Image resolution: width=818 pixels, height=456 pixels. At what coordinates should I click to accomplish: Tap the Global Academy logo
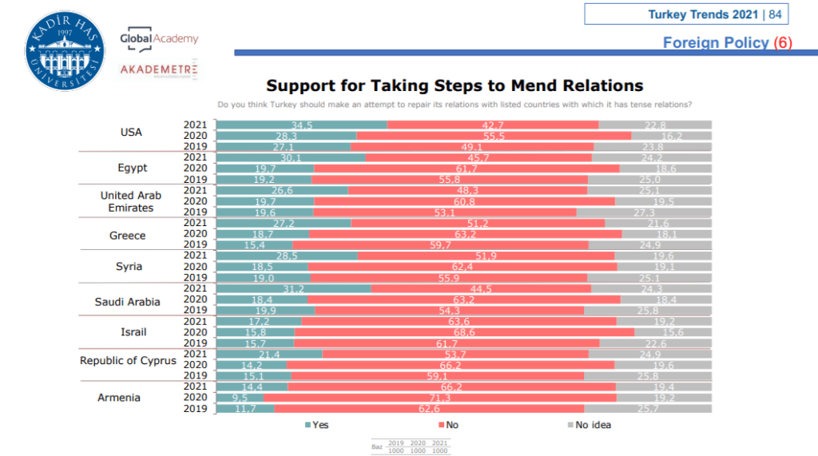pyautogui.click(x=158, y=38)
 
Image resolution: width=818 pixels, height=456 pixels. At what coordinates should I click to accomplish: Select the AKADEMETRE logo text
pyautogui.click(x=159, y=69)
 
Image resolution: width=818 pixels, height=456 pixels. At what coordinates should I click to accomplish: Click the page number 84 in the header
pyautogui.click(x=775, y=14)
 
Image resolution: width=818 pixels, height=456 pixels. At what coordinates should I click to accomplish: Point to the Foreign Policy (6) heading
pyautogui.click(x=727, y=42)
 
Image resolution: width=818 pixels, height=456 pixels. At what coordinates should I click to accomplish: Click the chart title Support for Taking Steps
pyautogui.click(x=454, y=85)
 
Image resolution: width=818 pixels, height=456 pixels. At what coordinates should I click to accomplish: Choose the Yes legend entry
pyautogui.click(x=317, y=425)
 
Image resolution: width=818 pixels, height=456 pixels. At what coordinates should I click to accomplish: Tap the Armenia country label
pyautogui.click(x=119, y=397)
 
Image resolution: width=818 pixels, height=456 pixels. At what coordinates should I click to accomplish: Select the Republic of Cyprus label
pyautogui.click(x=128, y=360)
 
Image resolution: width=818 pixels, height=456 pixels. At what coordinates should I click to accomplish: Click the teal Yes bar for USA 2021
pyautogui.click(x=302, y=125)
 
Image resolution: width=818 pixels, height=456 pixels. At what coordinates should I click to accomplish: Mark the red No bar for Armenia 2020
pyautogui.click(x=439, y=397)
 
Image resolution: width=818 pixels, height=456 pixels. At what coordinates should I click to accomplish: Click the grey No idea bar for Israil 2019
pyautogui.click(x=655, y=343)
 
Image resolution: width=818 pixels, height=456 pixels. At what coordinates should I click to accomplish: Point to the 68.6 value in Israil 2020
pyautogui.click(x=465, y=332)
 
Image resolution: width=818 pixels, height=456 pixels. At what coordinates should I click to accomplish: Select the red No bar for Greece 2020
pyautogui.click(x=465, y=234)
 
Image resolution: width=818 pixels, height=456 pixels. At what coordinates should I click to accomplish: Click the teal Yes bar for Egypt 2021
pyautogui.click(x=291, y=157)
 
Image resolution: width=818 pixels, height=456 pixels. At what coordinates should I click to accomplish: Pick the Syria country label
pyautogui.click(x=129, y=266)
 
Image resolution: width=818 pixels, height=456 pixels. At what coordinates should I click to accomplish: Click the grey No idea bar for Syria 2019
pyautogui.click(x=649, y=278)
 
